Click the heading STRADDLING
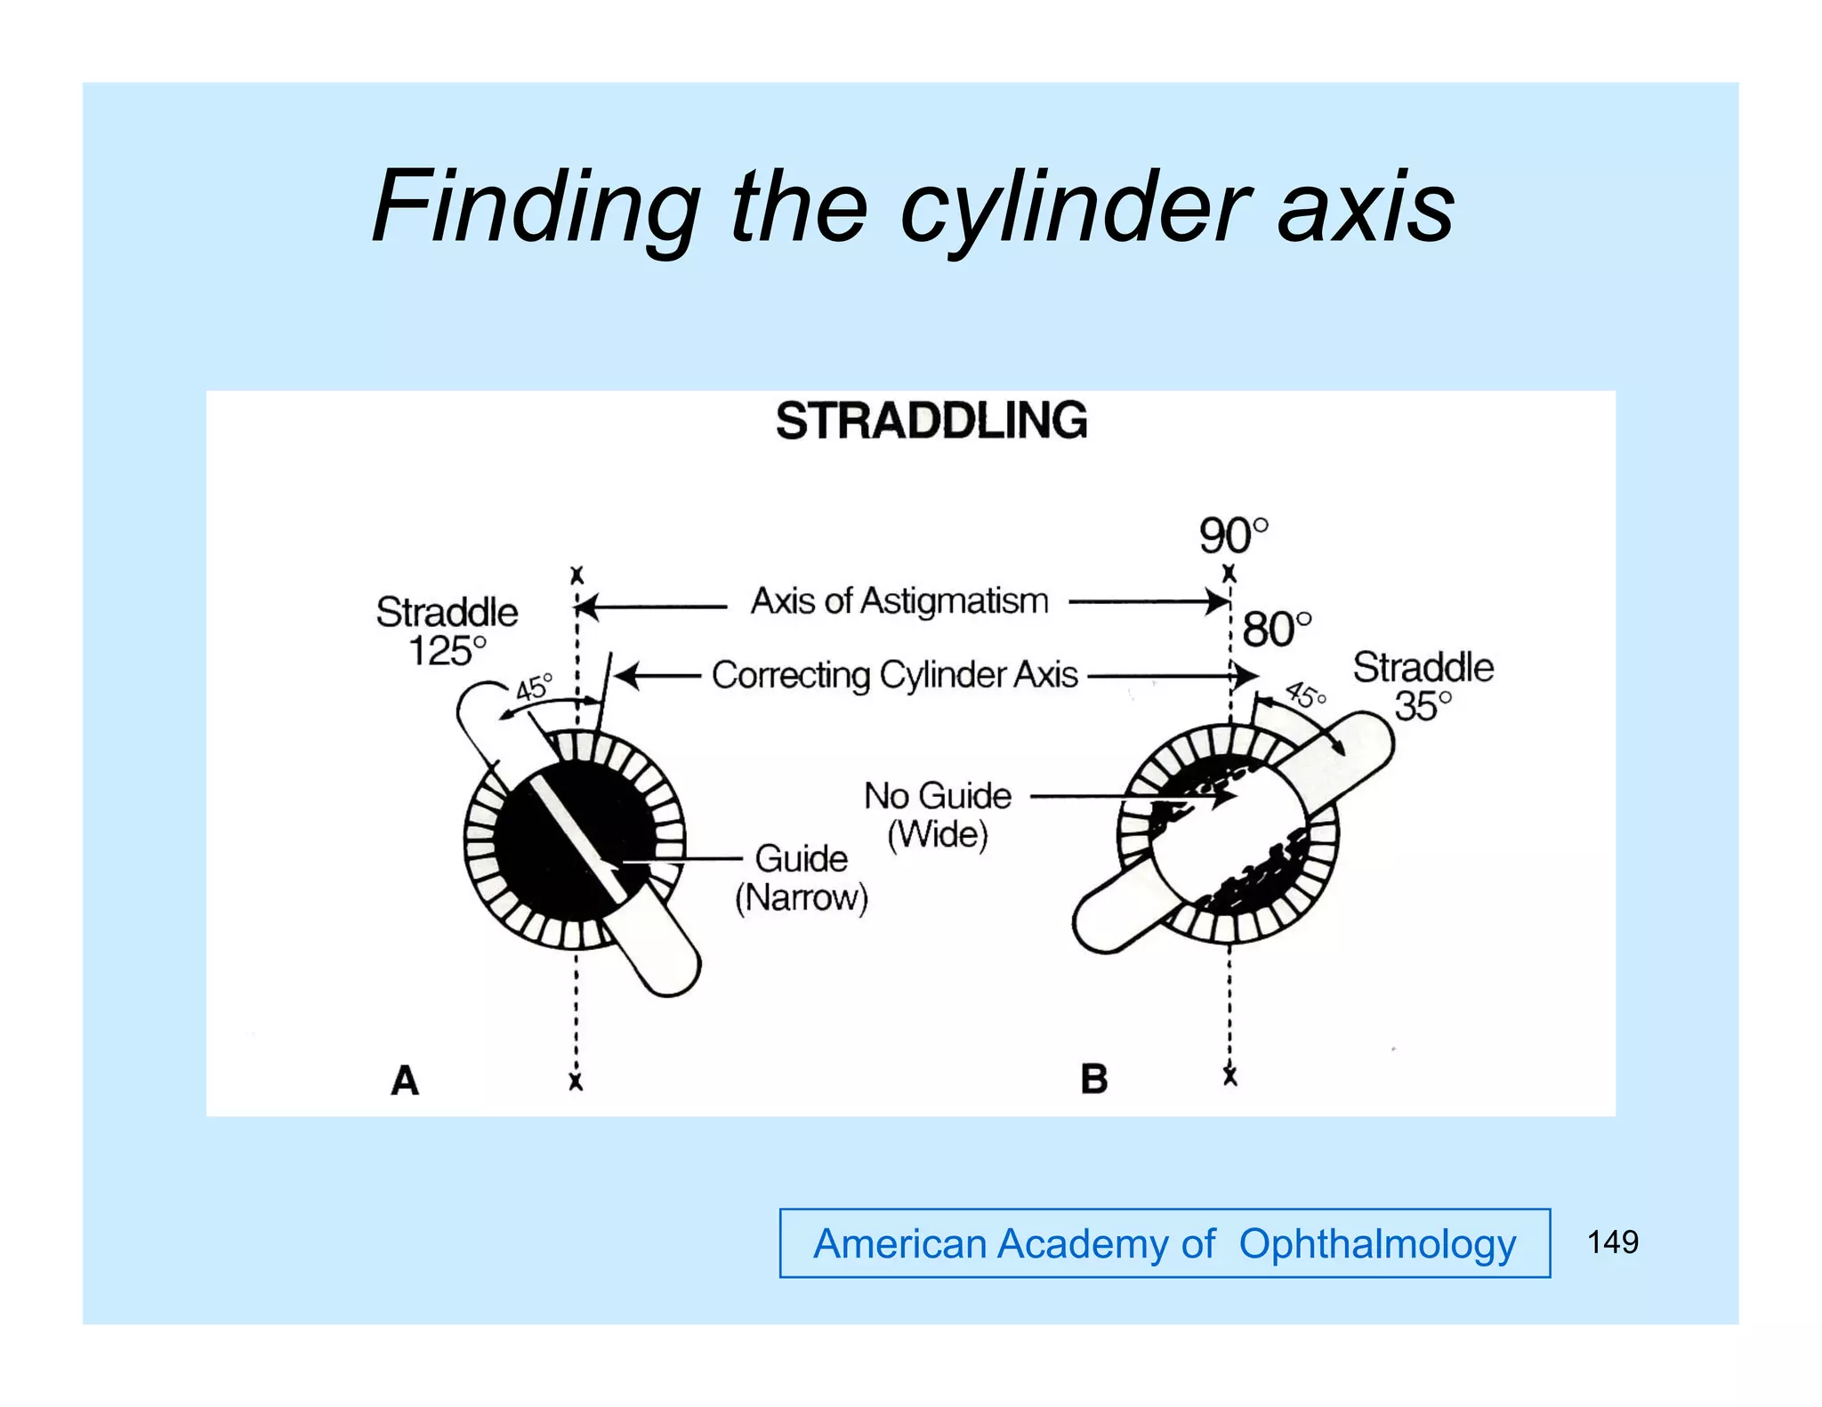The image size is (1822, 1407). (x=931, y=421)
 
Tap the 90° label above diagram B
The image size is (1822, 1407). (x=1233, y=535)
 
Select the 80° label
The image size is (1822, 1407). (x=1276, y=630)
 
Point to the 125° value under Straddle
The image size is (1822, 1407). (x=447, y=651)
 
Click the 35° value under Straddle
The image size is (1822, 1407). (x=1423, y=706)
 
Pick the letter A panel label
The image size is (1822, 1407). (x=405, y=1081)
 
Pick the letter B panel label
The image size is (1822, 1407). (x=1093, y=1080)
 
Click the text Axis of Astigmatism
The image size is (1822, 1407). (x=899, y=601)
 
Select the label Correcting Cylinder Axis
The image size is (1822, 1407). (x=894, y=675)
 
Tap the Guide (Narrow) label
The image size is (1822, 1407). (x=801, y=878)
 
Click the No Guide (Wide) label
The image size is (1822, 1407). (x=938, y=815)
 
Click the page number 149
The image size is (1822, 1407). (x=1612, y=1242)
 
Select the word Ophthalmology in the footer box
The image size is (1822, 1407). (x=1377, y=1243)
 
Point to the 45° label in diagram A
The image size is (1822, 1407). (x=535, y=687)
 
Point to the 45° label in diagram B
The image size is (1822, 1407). (x=1305, y=695)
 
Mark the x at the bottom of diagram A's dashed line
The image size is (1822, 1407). (x=576, y=1082)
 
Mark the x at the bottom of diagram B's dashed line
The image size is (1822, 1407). (x=1229, y=1077)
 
